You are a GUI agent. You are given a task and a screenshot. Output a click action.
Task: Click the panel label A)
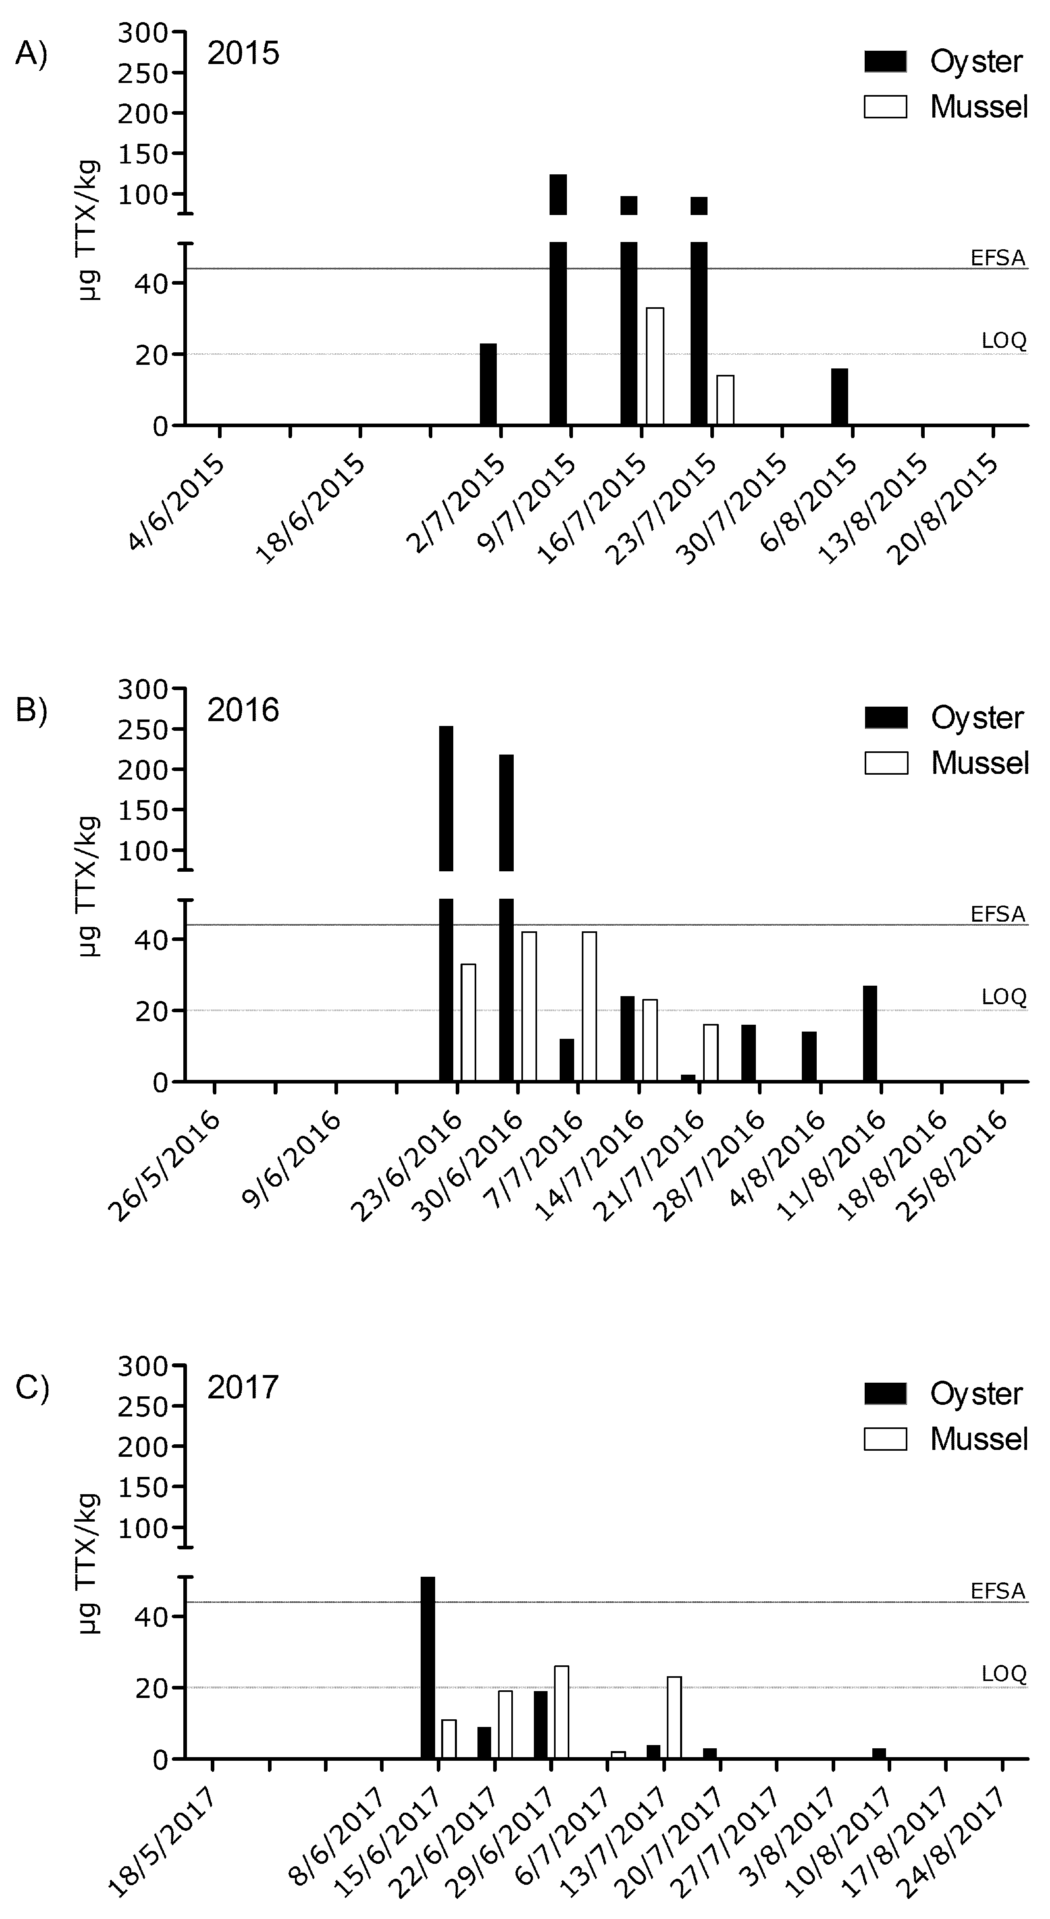[x=31, y=54]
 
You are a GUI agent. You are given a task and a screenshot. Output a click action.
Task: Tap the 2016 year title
[x=243, y=710]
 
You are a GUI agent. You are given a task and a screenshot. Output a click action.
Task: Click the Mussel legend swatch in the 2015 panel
[x=885, y=107]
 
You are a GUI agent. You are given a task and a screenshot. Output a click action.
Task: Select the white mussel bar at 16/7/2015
[x=655, y=366]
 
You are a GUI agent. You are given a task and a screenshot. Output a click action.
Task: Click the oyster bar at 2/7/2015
[x=488, y=385]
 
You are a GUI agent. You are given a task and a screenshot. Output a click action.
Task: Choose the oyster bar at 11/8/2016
[x=869, y=1033]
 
